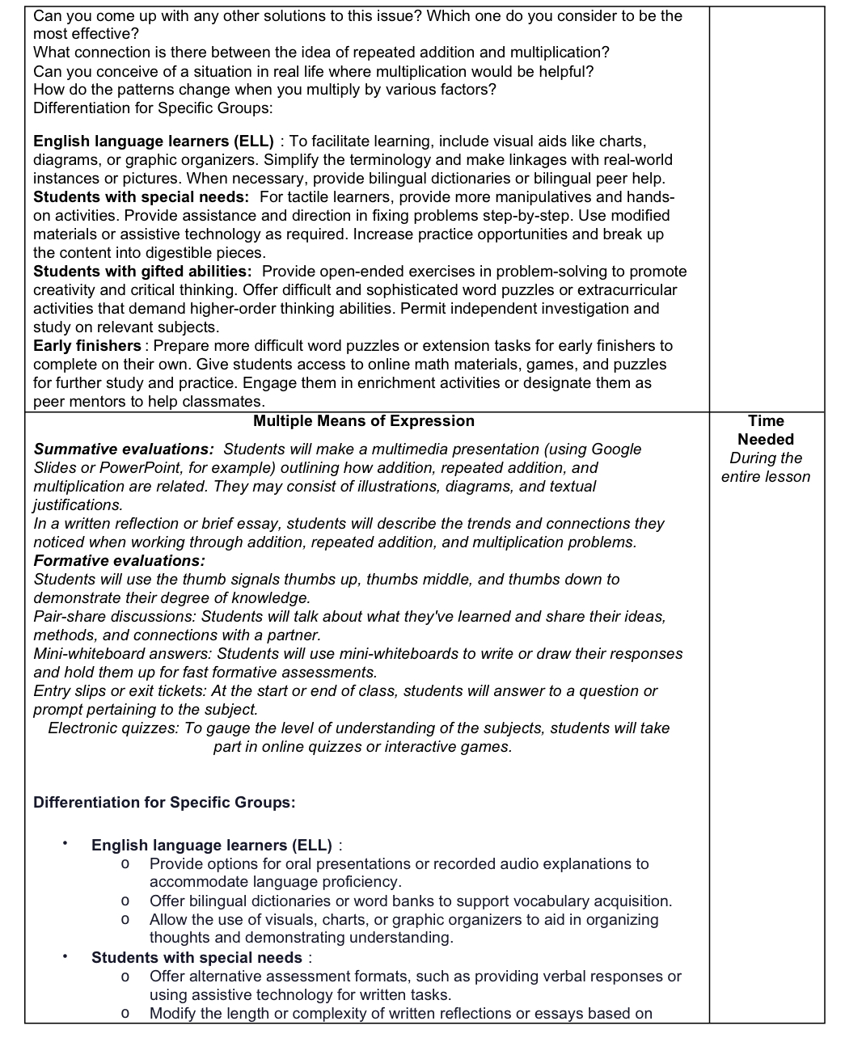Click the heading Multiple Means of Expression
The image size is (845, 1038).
[x=363, y=421]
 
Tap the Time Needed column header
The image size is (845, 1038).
[x=765, y=430]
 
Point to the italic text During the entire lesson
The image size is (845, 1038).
[x=765, y=467]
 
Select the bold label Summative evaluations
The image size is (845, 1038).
[x=123, y=449]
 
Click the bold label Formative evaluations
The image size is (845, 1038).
[x=119, y=561]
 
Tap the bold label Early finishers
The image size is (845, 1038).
[x=87, y=346]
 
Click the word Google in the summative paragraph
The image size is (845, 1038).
[x=616, y=449]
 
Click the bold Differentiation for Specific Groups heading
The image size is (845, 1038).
[x=164, y=803]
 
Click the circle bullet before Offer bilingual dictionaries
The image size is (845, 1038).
[x=125, y=901]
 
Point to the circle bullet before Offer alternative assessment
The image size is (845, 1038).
[x=125, y=977]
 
